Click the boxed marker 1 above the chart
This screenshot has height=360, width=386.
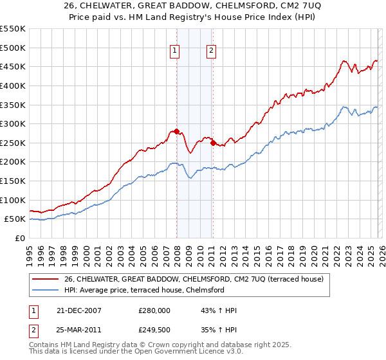pyautogui.click(x=175, y=53)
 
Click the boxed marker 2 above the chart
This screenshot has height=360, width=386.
pyautogui.click(x=212, y=53)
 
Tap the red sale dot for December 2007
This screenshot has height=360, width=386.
pyautogui.click(x=176, y=131)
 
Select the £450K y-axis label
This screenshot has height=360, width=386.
pyautogui.click(x=13, y=67)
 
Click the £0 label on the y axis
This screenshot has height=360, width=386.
pyautogui.click(x=20, y=238)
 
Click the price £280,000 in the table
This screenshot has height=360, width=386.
pyautogui.click(x=154, y=310)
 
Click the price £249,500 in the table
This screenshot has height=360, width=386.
pyautogui.click(x=154, y=330)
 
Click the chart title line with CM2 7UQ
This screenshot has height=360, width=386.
pyautogui.click(x=193, y=6)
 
